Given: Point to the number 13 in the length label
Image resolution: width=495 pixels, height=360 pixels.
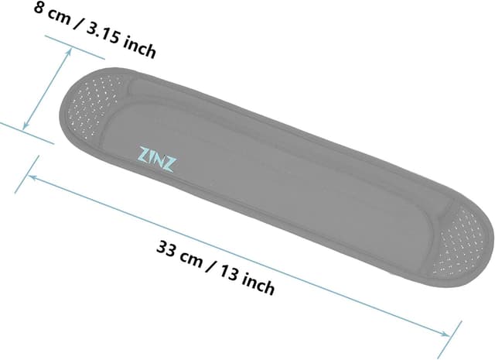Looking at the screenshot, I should [228, 274].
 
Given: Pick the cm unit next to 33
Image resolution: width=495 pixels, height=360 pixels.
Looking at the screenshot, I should [190, 258].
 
